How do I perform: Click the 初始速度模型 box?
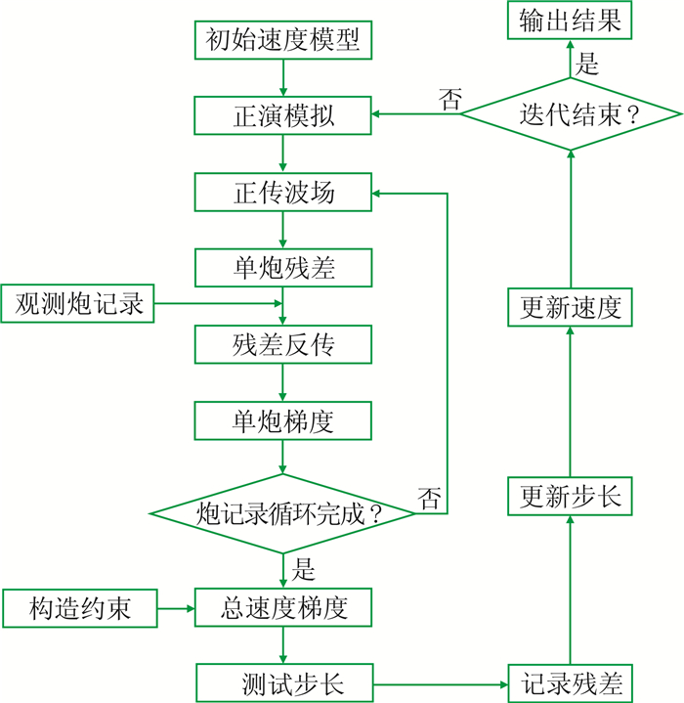283,41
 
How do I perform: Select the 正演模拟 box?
283,115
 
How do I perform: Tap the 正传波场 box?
283,192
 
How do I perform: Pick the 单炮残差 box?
283,267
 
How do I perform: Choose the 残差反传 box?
283,343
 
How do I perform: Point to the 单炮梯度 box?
283,420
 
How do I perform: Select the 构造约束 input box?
79,609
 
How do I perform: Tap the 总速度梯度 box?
283,609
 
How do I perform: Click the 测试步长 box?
283,681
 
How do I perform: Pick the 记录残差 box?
571,681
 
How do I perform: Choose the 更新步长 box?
571,496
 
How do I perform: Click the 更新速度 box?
571,307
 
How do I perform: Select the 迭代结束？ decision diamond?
571,115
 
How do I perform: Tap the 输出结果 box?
571,21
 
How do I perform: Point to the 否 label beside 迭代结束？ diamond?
450,98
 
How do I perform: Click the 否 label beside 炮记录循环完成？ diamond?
430,498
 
